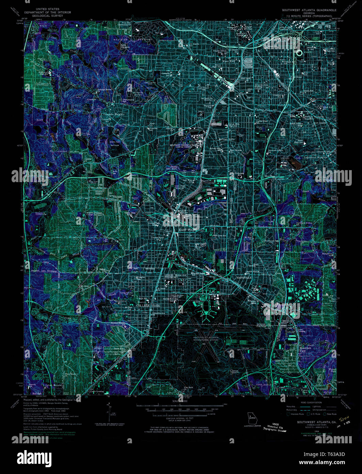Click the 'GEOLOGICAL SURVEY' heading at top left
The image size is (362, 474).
(x=47, y=16)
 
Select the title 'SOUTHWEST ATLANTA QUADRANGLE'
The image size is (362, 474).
(x=309, y=10)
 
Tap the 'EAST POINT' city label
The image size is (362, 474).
(x=189, y=230)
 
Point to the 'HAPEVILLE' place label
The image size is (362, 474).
(x=244, y=278)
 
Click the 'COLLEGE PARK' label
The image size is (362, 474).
(x=148, y=306)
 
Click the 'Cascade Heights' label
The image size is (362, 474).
(x=114, y=114)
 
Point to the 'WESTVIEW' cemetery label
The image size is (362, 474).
(x=121, y=40)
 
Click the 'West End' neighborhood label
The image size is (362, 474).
(x=229, y=61)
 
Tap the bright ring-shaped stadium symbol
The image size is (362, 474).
(x=299, y=53)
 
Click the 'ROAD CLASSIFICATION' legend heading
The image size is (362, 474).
(x=309, y=403)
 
